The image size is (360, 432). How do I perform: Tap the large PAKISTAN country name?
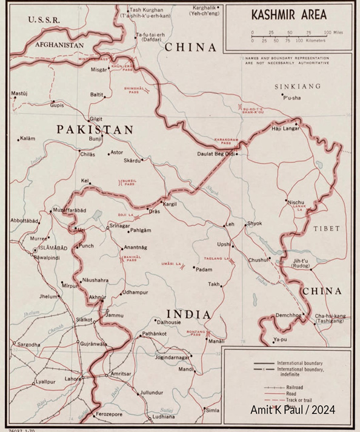95,129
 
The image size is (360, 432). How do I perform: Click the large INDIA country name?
188,314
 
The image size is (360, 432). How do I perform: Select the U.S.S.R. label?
44,20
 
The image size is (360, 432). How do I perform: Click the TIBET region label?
327,228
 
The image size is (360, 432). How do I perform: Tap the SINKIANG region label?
297,87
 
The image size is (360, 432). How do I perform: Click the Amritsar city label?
121,374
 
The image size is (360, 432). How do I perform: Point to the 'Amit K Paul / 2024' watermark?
293,410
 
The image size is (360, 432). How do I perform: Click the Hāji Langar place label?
284,128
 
